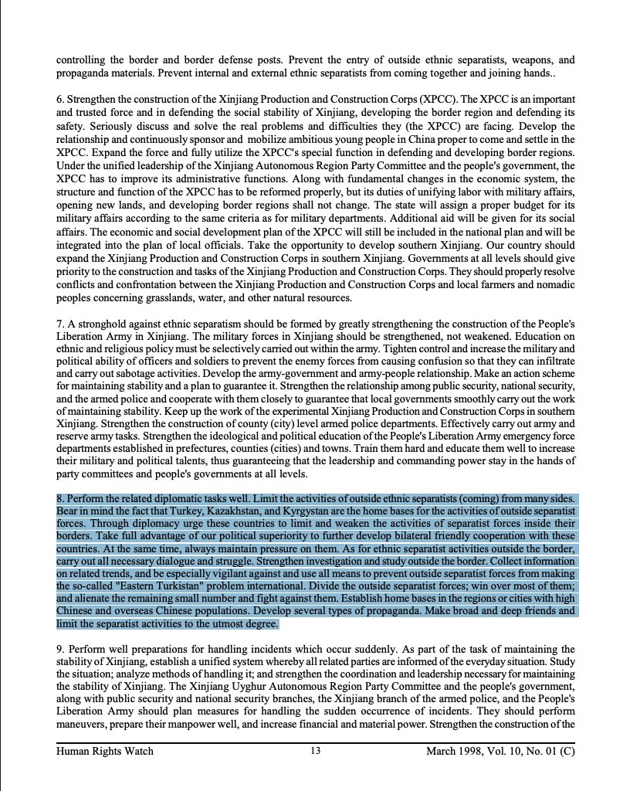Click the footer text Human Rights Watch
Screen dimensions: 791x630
(x=105, y=750)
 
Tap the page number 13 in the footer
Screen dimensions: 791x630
(x=315, y=750)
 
